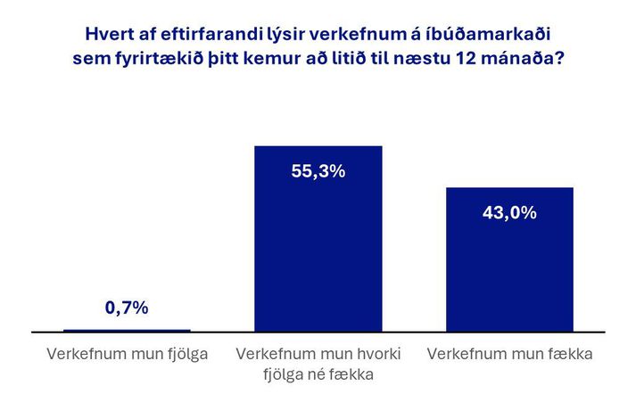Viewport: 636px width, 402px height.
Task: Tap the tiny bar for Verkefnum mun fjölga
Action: [127, 331]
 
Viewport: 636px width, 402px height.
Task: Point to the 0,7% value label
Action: [127, 308]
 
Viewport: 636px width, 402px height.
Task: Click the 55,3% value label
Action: [318, 171]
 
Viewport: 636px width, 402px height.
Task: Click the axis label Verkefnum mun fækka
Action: [509, 354]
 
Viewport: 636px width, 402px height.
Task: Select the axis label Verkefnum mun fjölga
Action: [127, 354]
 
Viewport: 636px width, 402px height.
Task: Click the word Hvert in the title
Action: [108, 35]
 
